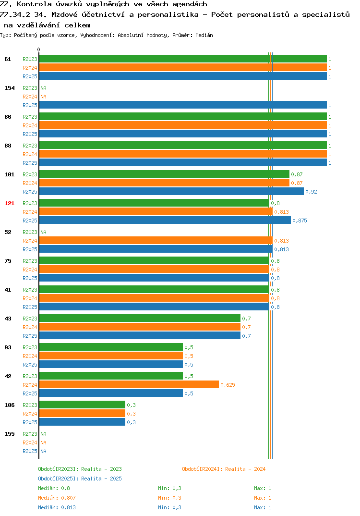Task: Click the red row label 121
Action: coord(10,203)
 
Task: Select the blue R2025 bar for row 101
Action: coord(171,192)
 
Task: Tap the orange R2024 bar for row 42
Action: coord(129,385)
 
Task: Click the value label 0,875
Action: coord(300,221)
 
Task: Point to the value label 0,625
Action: coord(228,385)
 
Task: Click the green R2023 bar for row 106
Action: coord(82,405)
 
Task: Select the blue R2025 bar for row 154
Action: coord(183,105)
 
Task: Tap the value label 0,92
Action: coord(311,192)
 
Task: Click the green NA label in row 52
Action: coord(43,232)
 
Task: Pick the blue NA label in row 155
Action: coord(43,451)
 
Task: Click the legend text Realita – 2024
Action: coord(245,469)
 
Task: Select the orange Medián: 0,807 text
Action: coord(57,498)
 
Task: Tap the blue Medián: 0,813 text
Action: coord(57,507)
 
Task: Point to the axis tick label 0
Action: coord(38,49)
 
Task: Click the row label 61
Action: coord(8,59)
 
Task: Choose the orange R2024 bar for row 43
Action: coord(140,327)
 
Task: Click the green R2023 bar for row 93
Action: coord(111,347)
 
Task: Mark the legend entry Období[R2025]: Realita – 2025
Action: coord(80,479)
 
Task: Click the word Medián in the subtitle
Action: coord(204,35)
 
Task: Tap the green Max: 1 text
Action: coord(263,488)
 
